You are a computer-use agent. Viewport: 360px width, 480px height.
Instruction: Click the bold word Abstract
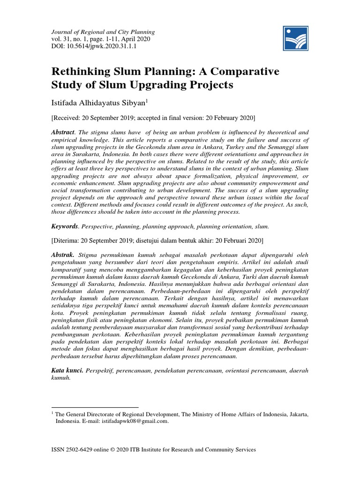(x=62, y=133)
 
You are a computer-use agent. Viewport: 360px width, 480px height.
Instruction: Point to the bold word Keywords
(x=64, y=226)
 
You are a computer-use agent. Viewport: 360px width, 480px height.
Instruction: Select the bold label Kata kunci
(x=67, y=370)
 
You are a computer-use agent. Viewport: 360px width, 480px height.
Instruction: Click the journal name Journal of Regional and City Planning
(x=103, y=32)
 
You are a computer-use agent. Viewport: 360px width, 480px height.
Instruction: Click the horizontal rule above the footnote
(x=95, y=407)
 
